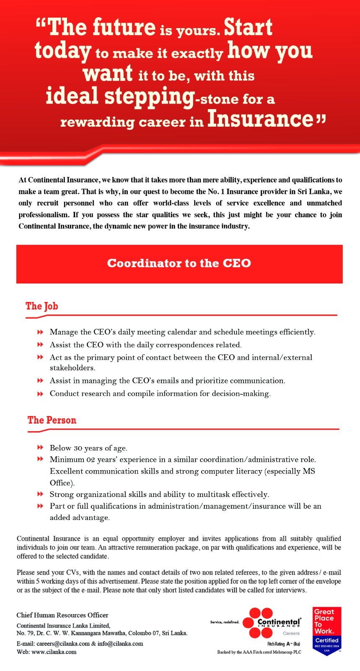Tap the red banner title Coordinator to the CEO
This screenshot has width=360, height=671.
coord(179,263)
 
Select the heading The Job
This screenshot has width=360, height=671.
coord(42,306)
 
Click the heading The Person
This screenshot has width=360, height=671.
coord(52,420)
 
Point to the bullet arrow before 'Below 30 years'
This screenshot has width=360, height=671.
coord(40,447)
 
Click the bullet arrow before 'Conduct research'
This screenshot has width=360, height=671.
coord(40,393)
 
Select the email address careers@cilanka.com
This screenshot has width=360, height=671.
coord(63,643)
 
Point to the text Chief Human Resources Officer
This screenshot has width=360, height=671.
coord(62,615)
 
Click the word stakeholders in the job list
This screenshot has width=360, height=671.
coord(73,368)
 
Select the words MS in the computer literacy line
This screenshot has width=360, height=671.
coord(309,471)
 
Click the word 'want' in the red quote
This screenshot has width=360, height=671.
coord(108,74)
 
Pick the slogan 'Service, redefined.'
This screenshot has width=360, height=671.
coord(225,622)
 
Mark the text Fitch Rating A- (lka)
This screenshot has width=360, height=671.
coord(284,644)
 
